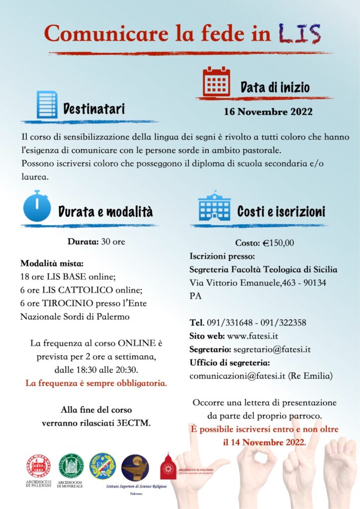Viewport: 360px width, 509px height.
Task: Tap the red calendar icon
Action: [216, 82]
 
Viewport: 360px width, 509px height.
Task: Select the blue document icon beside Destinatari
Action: [47, 104]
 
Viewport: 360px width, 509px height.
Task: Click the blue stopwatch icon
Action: [37, 206]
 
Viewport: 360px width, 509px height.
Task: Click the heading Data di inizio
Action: [275, 88]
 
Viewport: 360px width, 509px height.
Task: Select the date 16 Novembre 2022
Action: [269, 111]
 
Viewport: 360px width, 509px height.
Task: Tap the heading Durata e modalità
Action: [105, 212]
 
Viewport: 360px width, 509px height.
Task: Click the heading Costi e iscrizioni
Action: [281, 212]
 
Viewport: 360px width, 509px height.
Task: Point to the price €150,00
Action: [278, 243]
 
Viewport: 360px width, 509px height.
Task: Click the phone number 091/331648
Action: [229, 322]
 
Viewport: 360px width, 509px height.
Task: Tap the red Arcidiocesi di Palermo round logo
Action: [38, 466]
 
